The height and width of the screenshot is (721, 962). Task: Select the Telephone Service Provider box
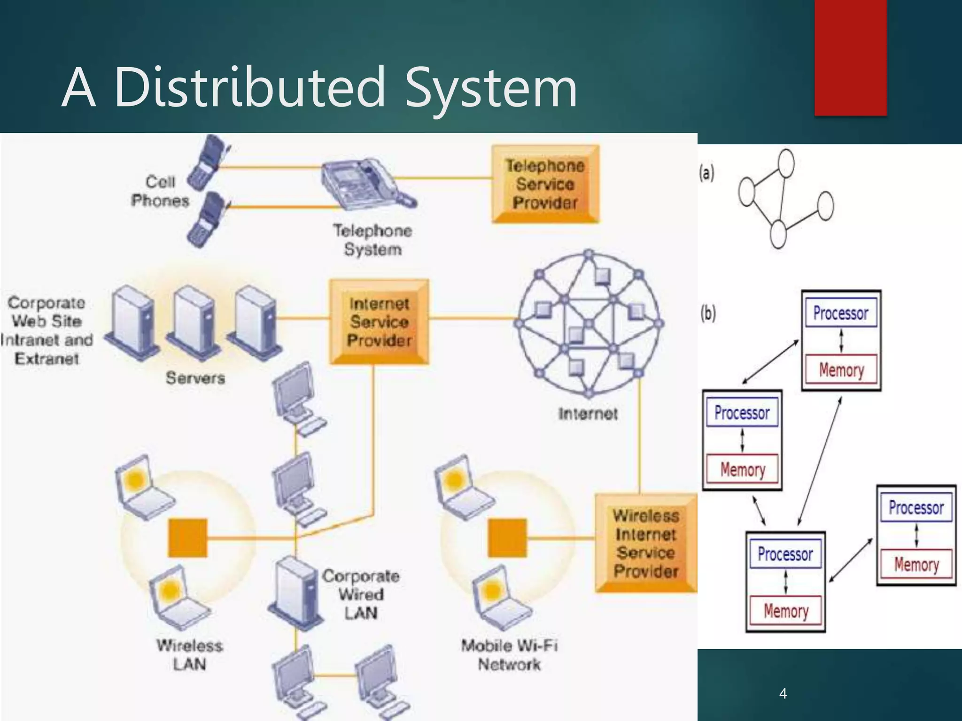tap(545, 184)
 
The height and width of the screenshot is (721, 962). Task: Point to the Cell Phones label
tap(160, 191)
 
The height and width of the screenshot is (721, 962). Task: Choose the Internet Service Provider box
tap(379, 322)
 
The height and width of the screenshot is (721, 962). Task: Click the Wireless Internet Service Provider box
tap(646, 543)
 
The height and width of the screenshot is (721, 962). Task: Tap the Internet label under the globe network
tap(588, 414)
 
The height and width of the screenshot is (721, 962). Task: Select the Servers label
tap(195, 378)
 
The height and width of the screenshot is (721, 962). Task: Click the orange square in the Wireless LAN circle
tap(187, 537)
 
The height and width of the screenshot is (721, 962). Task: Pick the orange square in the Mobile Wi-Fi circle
tap(507, 537)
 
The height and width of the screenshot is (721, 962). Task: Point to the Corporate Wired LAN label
tap(361, 594)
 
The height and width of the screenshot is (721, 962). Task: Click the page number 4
tap(783, 693)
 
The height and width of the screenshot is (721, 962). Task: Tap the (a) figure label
tap(706, 173)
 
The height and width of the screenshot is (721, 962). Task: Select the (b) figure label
tap(708, 313)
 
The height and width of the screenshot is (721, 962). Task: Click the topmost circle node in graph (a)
tap(786, 163)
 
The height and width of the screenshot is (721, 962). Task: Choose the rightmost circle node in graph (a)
tap(825, 206)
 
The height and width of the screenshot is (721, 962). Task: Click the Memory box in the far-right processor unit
tap(916, 564)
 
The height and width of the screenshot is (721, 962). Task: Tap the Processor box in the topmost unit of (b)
tap(840, 313)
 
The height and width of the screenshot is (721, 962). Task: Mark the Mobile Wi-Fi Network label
tap(509, 655)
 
